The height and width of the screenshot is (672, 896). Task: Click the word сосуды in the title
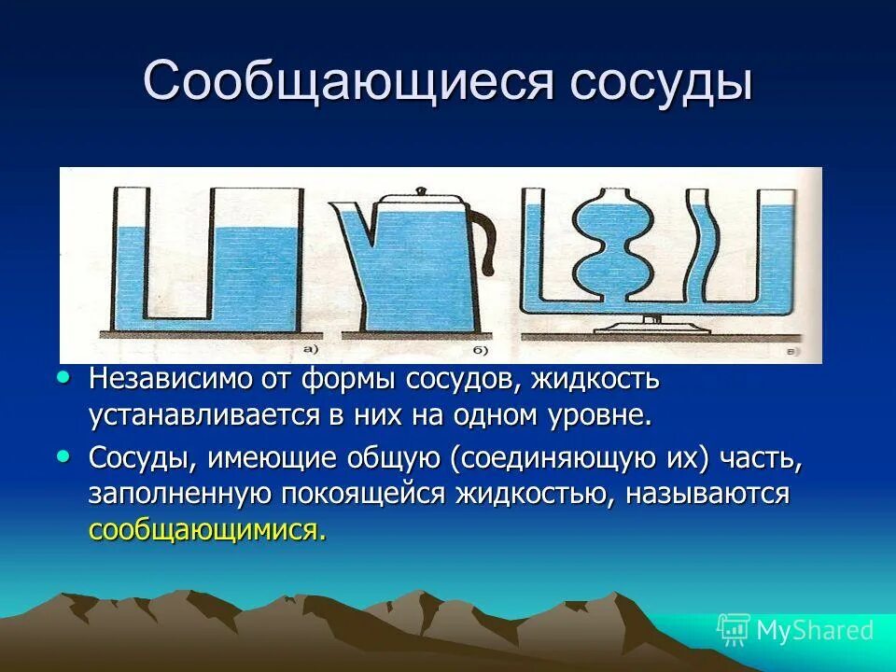point(662,82)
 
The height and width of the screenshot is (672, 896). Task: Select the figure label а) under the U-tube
point(308,350)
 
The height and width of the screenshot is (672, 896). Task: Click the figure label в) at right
point(791,352)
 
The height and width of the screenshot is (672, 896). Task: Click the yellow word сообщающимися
point(208,530)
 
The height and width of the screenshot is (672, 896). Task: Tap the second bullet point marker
point(63,457)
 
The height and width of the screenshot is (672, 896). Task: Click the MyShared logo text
point(814,631)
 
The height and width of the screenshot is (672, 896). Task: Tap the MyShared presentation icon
point(734,631)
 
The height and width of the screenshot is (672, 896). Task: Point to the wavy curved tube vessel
point(702,247)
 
